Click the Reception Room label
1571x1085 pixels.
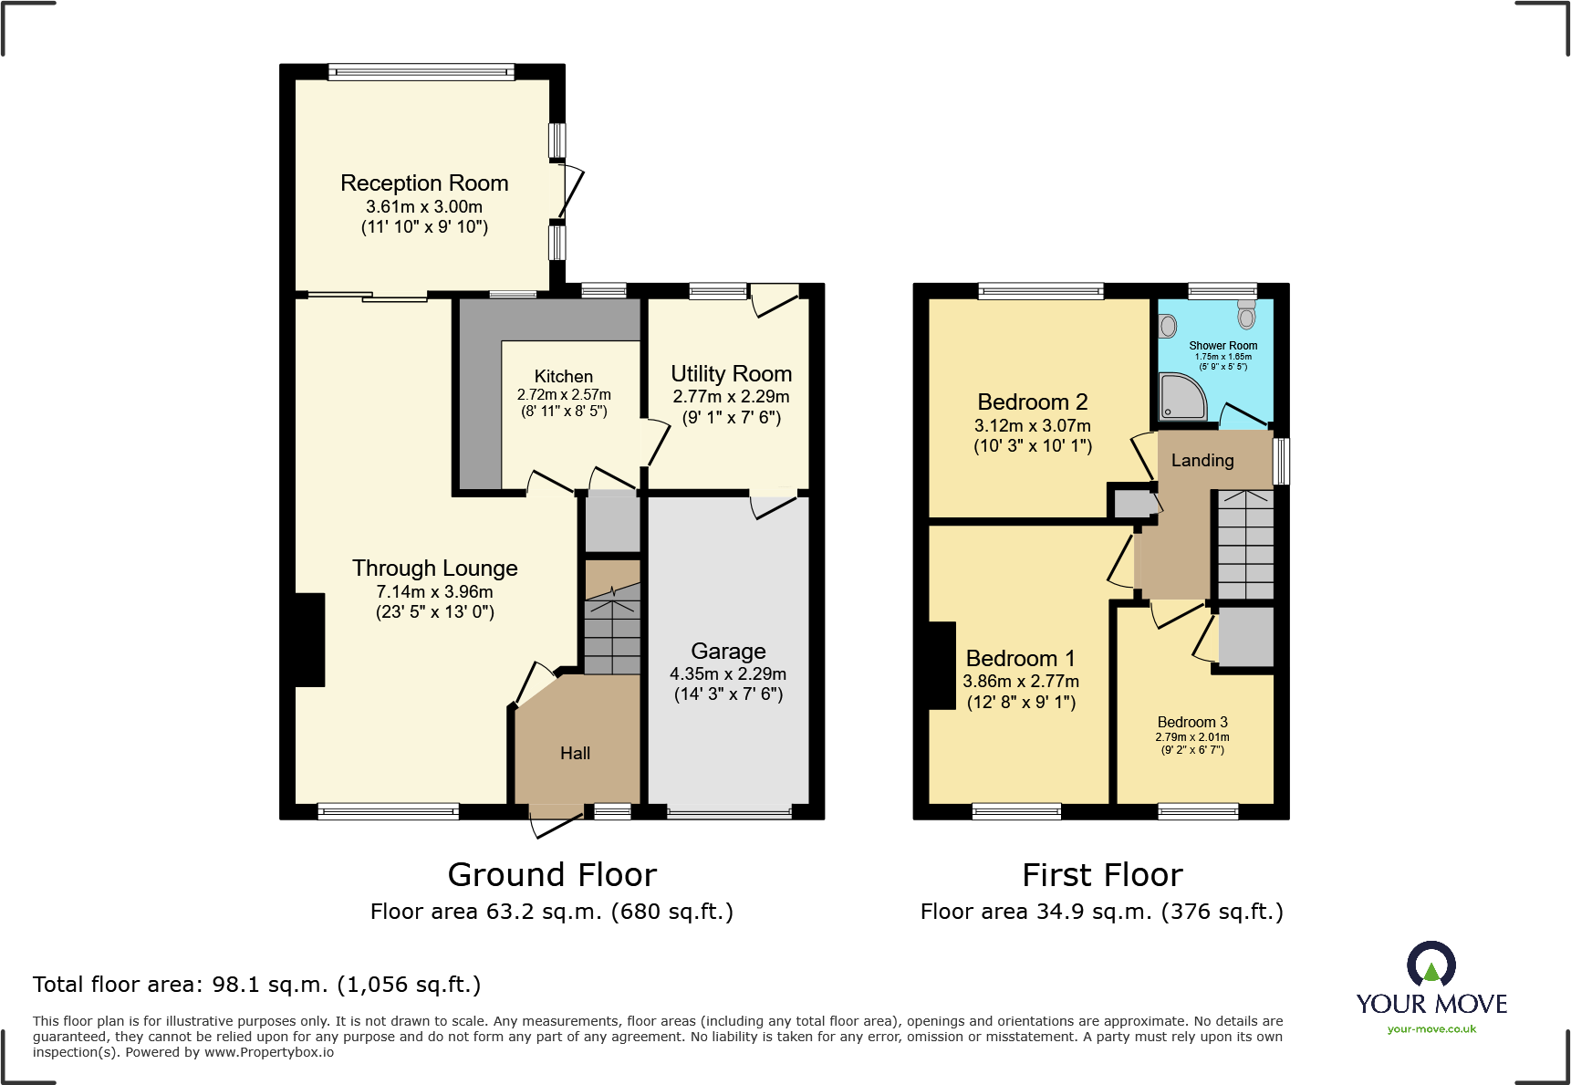tap(424, 183)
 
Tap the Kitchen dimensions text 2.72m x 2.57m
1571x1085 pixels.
tap(564, 395)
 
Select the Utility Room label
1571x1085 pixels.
tap(731, 374)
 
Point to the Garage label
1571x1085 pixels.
tap(728, 652)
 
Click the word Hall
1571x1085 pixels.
tap(575, 754)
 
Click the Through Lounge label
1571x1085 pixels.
tap(434, 569)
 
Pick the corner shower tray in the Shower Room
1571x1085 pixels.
tap(1181, 397)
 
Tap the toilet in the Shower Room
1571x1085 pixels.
tap(1246, 314)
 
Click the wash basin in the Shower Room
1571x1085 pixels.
tap(1168, 326)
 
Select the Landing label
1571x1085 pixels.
tap(1202, 461)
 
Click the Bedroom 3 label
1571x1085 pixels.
tap(1192, 723)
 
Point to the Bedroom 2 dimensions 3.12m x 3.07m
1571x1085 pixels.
tap(1032, 426)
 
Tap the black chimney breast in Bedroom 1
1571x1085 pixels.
tap(942, 665)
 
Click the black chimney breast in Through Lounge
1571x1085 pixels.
tap(309, 640)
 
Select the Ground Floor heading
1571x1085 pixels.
tap(552, 875)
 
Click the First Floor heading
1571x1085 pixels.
tap(1102, 875)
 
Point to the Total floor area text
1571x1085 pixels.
tap(256, 985)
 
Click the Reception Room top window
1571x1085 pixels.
tap(421, 71)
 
